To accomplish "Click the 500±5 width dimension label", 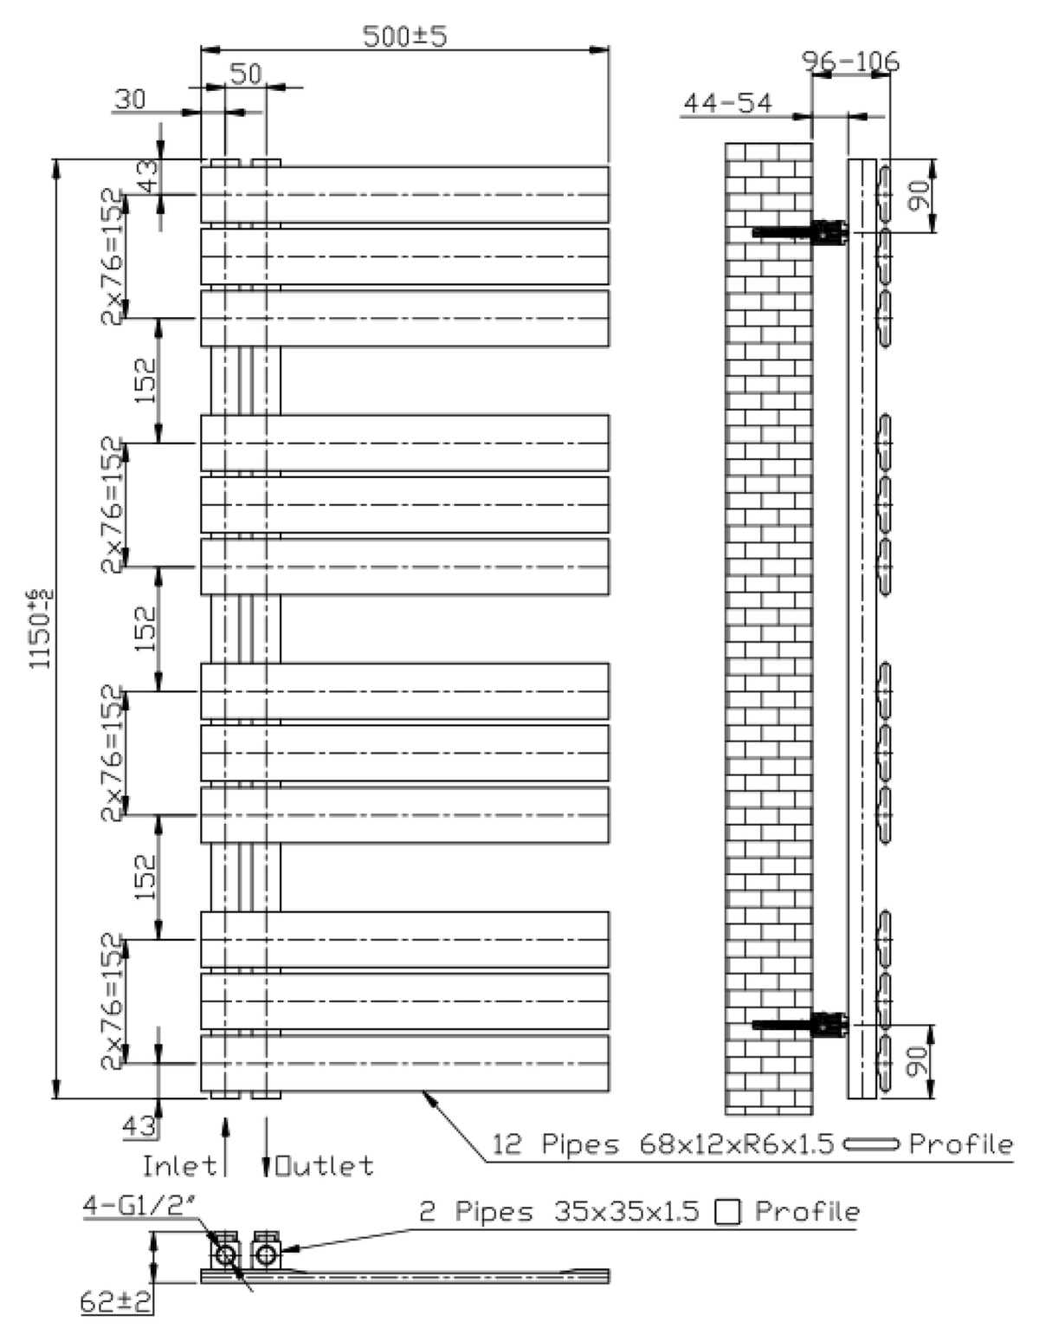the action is (x=403, y=36).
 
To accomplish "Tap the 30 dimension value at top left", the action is (x=130, y=99).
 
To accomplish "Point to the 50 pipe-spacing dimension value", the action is (x=246, y=74).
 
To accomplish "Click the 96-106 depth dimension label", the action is (x=850, y=62).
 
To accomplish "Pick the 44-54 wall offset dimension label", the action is (x=727, y=103).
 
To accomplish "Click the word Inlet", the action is (x=179, y=1166).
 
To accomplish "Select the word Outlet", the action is (x=325, y=1166).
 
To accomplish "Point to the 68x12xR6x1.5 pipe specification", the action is (x=736, y=1143).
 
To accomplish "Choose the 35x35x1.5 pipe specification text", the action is (x=627, y=1211).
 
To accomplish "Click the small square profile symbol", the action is (x=727, y=1212).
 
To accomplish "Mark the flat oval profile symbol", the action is (x=871, y=1144).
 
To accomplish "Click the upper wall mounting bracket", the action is (x=800, y=232).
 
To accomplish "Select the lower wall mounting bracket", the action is (x=800, y=1025).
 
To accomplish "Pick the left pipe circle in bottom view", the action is (x=225, y=1254).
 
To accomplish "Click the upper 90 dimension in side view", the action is (x=919, y=196).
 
